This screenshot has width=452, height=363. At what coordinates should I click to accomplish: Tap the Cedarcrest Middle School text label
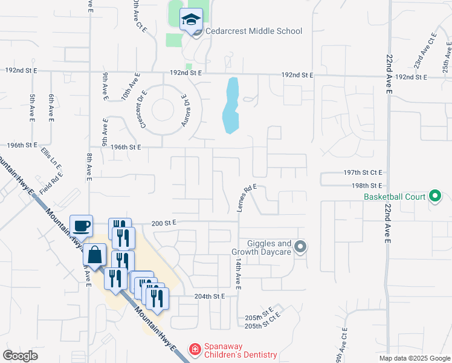(253, 31)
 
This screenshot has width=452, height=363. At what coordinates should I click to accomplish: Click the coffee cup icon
(81, 226)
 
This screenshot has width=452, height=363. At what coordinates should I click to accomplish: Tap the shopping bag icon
(95, 255)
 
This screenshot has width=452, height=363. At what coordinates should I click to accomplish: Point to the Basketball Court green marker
(434, 196)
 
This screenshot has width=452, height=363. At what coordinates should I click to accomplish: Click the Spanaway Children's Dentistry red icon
(195, 350)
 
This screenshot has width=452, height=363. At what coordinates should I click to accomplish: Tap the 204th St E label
(209, 296)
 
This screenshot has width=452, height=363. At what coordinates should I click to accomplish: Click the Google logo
(20, 356)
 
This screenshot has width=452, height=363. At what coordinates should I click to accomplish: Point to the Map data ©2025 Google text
(414, 358)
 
